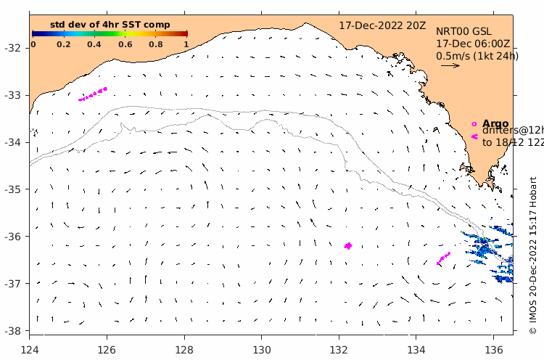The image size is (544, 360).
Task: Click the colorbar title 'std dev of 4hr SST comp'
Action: (x=110, y=25)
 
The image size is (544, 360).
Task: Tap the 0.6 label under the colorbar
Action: (x=125, y=44)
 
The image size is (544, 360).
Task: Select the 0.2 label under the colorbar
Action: (x=63, y=44)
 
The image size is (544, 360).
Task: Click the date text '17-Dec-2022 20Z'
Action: (x=383, y=25)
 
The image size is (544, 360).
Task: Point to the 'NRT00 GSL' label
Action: (x=463, y=31)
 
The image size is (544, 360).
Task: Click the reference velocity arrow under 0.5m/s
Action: (x=450, y=65)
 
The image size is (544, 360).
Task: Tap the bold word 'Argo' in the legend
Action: (x=495, y=123)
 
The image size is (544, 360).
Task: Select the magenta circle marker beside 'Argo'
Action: (x=474, y=124)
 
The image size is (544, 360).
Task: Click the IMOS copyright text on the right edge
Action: (x=533, y=254)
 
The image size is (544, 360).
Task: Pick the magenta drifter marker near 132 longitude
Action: (x=348, y=246)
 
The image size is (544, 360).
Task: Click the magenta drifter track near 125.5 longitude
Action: (x=93, y=94)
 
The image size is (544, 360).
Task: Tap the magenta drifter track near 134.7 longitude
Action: (x=443, y=259)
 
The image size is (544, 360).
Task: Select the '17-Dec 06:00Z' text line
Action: (x=472, y=44)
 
